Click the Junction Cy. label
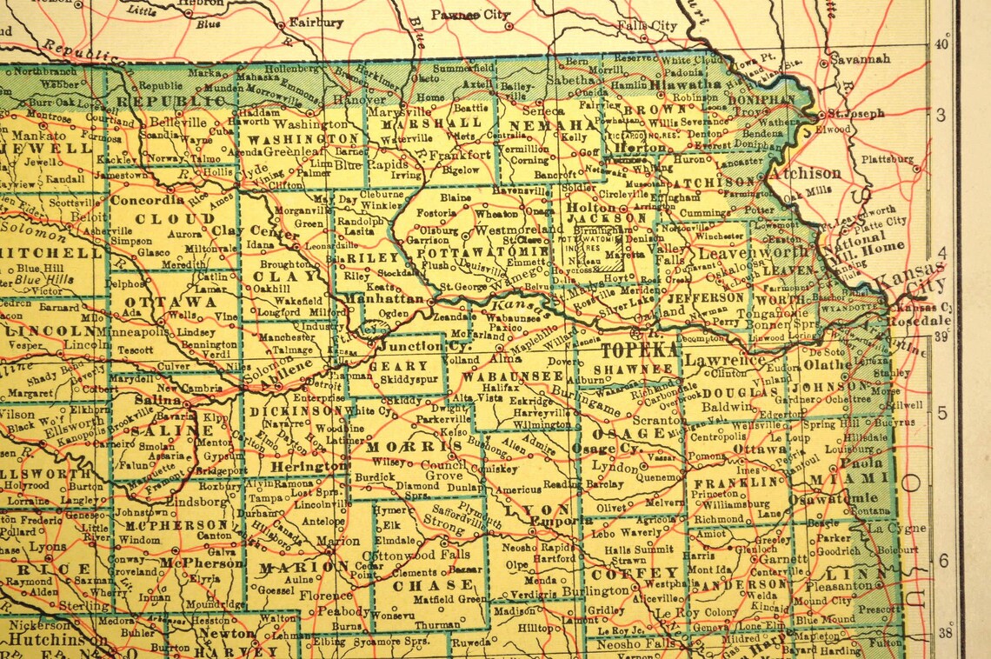tap(414, 345)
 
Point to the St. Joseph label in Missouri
tap(855, 113)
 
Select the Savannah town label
tap(860, 59)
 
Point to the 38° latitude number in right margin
tap(942, 633)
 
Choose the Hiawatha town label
tap(685, 84)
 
